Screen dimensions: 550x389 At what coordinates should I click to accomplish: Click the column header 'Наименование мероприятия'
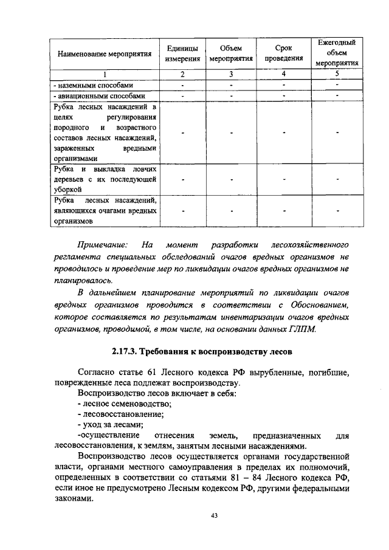pyautogui.click(x=105, y=53)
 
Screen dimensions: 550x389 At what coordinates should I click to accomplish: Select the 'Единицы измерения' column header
pyautogui.click(x=182, y=53)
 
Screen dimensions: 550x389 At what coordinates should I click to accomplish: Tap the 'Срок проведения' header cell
pyautogui.click(x=283, y=53)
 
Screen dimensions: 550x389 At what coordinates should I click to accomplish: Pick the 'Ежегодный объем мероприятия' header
pyautogui.click(x=336, y=52)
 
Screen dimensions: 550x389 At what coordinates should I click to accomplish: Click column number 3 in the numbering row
pyautogui.click(x=232, y=74)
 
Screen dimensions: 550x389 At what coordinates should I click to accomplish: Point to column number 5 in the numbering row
pyautogui.click(x=336, y=74)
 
